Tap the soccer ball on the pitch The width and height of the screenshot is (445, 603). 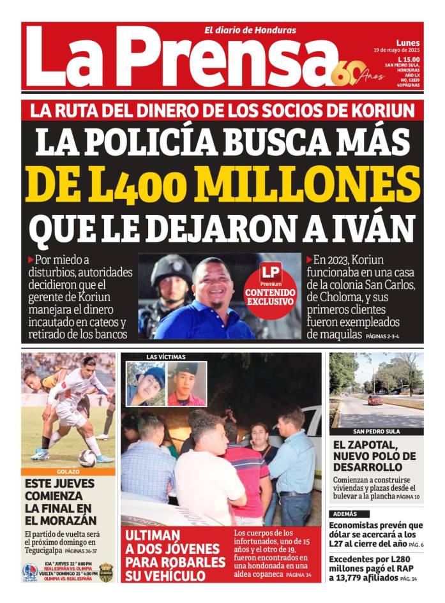[x=88, y=457]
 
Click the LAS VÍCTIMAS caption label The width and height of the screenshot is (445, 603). [x=166, y=357]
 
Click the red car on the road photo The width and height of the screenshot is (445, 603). [x=375, y=399]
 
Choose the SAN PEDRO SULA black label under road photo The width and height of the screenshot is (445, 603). [x=376, y=431]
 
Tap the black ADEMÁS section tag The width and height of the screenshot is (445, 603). [x=351, y=514]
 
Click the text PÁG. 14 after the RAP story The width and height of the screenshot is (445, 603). [x=409, y=579]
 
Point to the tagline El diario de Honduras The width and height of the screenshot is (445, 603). [x=250, y=30]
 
